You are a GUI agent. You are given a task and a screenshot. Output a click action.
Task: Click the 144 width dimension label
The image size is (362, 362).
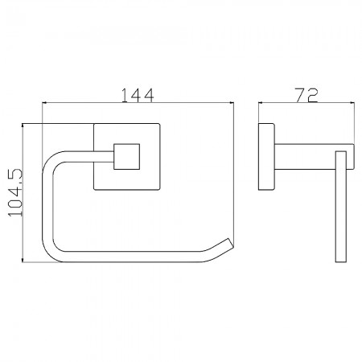point(138,95)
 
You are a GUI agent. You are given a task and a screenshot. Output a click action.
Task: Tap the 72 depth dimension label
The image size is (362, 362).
point(306,95)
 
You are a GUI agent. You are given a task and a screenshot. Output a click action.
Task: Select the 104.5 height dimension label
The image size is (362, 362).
point(14,192)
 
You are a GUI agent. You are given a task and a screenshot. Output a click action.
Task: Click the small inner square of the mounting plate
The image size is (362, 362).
point(126,157)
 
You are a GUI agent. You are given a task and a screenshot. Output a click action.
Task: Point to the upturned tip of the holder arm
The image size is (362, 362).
point(230,242)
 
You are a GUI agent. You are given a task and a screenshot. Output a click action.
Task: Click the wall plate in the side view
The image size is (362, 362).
point(266,157)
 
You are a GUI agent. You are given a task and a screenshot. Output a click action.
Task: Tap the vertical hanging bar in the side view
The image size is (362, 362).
point(341,207)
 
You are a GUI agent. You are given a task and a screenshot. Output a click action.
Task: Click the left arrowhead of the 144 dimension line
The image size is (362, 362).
point(45,102)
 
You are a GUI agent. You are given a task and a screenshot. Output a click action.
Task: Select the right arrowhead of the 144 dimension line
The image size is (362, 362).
point(232,102)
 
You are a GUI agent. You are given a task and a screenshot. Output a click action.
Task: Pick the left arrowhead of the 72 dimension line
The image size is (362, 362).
point(261,102)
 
